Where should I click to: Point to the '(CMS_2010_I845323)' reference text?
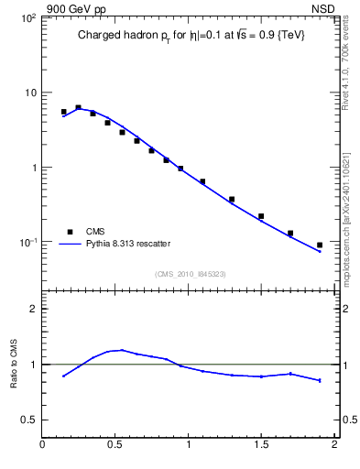pyautogui.click(x=190, y=274)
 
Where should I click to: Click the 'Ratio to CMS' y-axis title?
pyautogui.click(x=14, y=364)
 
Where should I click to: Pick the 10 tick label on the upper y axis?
pyautogui.click(x=29, y=93)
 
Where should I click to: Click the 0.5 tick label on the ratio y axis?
pyautogui.click(x=27, y=420)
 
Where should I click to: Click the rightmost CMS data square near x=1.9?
pyautogui.click(x=320, y=245)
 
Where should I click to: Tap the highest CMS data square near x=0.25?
pyautogui.click(x=78, y=107)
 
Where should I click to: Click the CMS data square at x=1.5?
pyautogui.click(x=261, y=216)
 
